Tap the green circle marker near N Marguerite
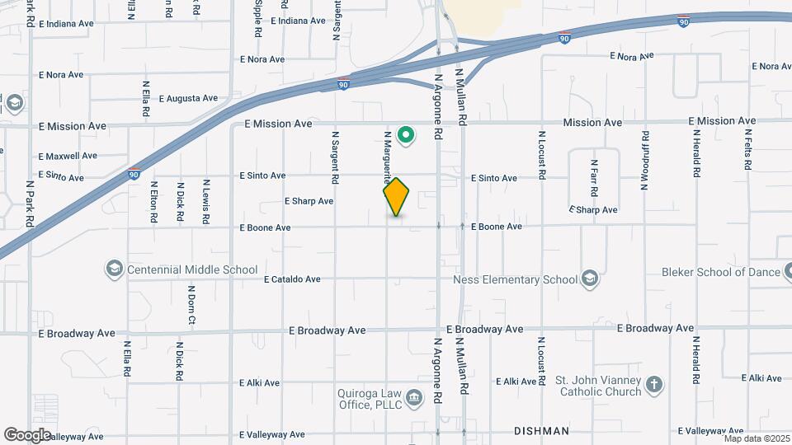click(405, 134)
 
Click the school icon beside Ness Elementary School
click(589, 279)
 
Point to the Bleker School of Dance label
click(721, 272)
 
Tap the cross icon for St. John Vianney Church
click(654, 385)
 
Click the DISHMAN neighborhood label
click(541, 431)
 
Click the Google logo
click(28, 434)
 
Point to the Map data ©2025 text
click(757, 438)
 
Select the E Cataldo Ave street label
click(292, 279)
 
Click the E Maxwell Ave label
click(68, 156)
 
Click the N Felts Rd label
click(747, 149)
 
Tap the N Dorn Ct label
click(191, 305)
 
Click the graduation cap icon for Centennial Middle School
click(114, 269)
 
